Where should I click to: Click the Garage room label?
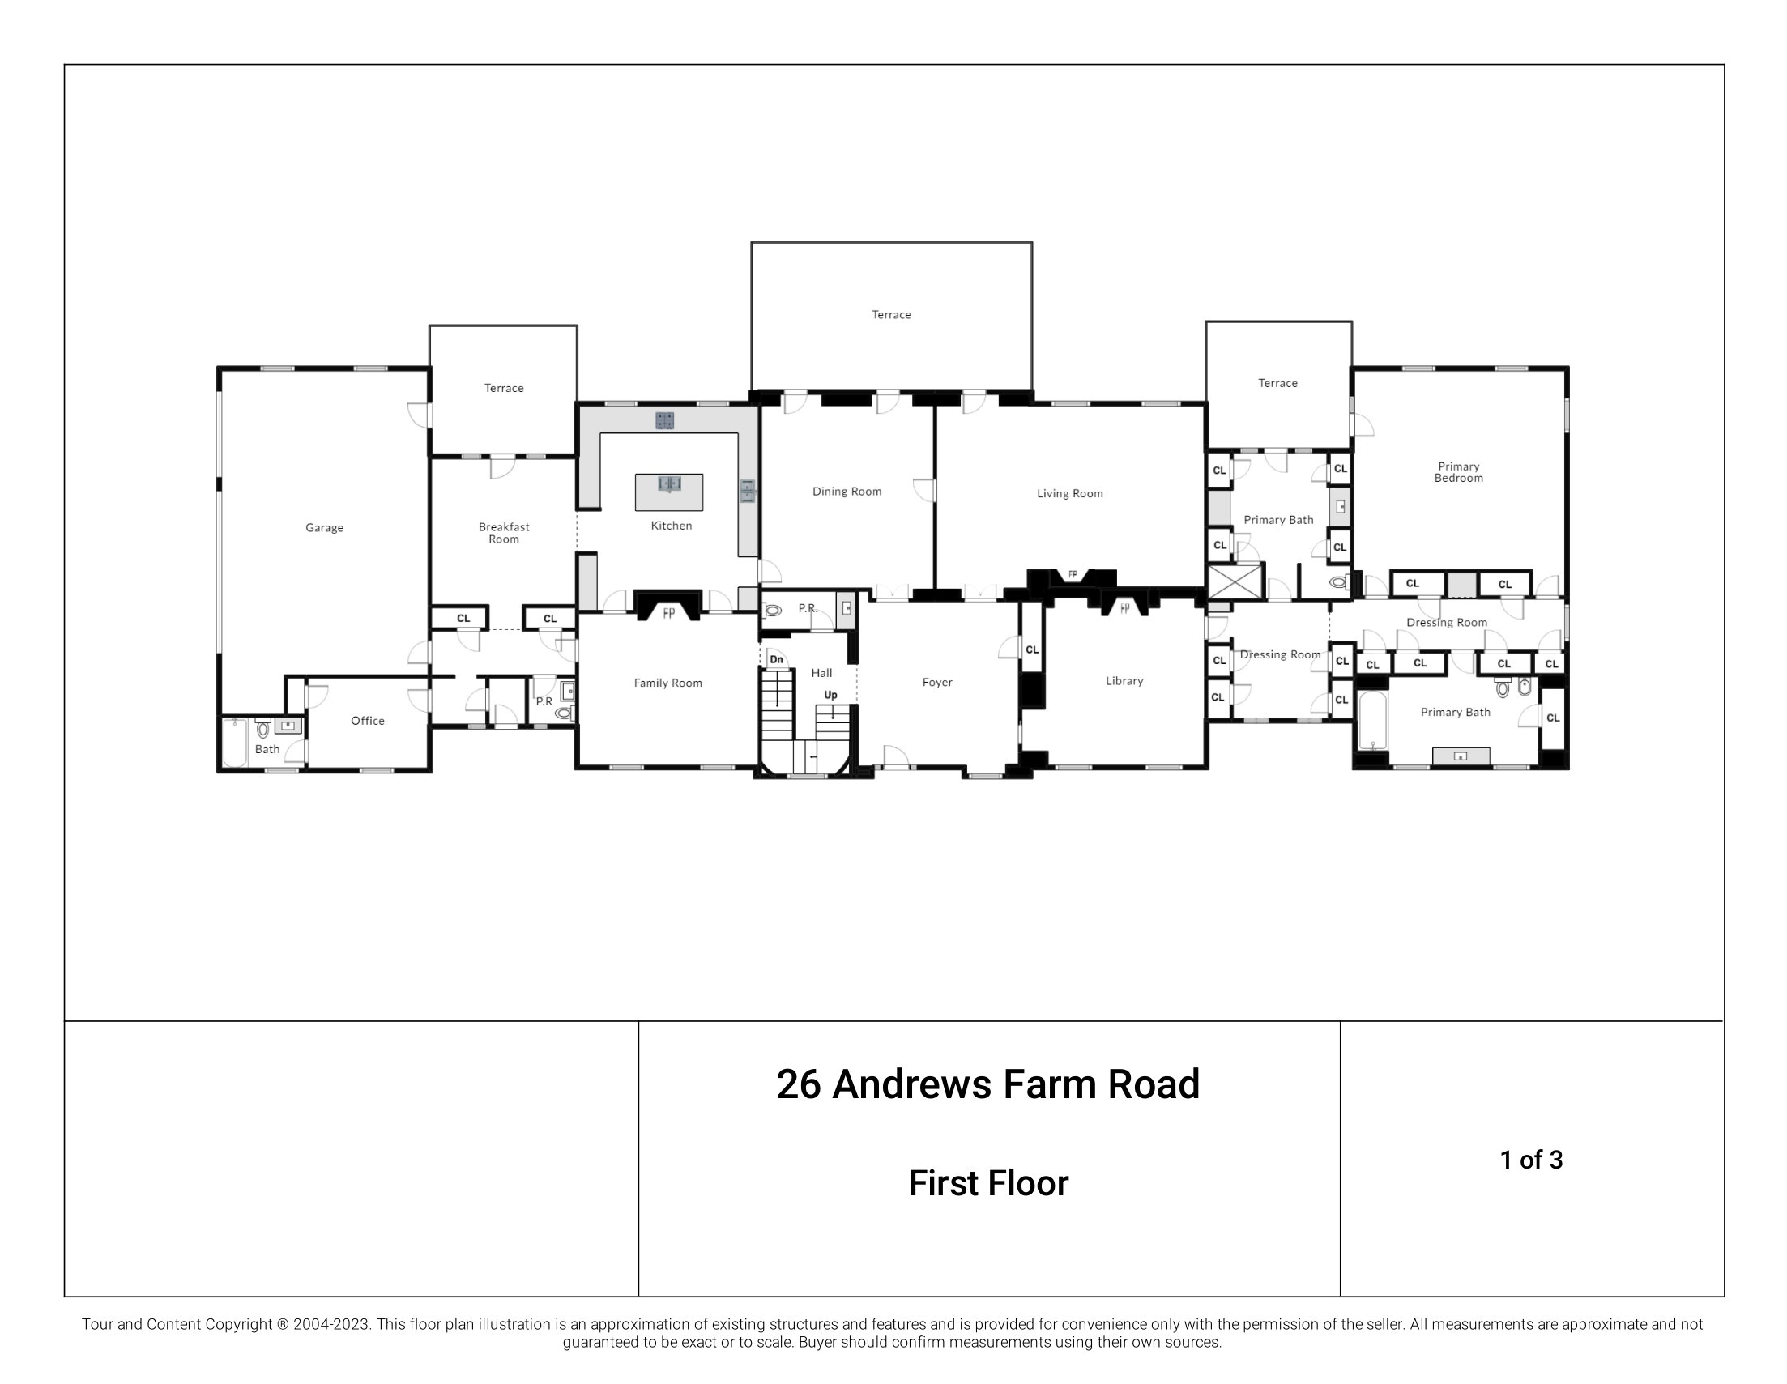point(324,527)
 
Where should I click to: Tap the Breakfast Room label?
point(504,533)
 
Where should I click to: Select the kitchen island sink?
point(669,484)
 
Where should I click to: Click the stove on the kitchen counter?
point(665,420)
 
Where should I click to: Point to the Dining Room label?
point(847,492)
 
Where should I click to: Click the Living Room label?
point(1069,493)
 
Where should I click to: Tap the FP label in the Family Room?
point(668,613)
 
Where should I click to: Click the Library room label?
point(1124,680)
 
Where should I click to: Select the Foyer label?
point(937,682)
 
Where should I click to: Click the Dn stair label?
point(777,659)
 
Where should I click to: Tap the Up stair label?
point(830,696)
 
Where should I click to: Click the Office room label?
point(368,721)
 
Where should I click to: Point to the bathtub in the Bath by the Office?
point(236,743)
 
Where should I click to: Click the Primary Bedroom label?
point(1458,472)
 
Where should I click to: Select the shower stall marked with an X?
point(1235,582)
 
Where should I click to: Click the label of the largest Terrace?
point(891,315)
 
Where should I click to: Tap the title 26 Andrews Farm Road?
point(987,1084)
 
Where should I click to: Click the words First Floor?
point(988,1184)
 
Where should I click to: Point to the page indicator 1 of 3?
point(1531,1160)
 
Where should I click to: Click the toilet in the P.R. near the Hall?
point(770,610)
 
